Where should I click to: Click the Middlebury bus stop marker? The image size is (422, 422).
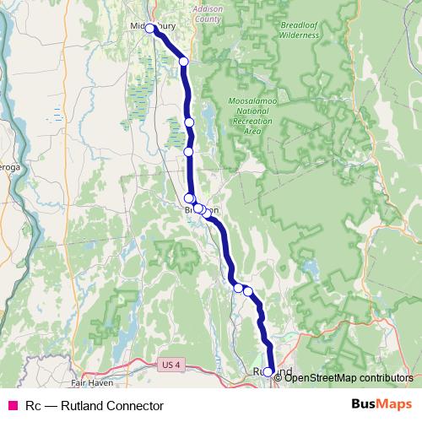point(150,28)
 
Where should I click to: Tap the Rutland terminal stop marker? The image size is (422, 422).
point(268,371)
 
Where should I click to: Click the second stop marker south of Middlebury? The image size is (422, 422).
point(190,122)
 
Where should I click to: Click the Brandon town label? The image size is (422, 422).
point(203,210)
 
